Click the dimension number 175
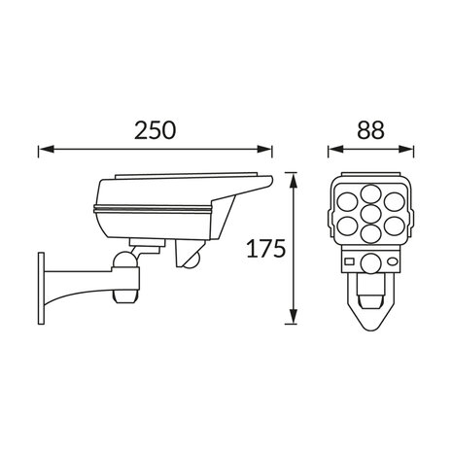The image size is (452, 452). click(x=265, y=249)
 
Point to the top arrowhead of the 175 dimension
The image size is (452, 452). click(x=293, y=177)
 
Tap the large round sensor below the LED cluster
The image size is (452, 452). click(x=370, y=262)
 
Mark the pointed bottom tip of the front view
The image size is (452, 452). click(x=371, y=327)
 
